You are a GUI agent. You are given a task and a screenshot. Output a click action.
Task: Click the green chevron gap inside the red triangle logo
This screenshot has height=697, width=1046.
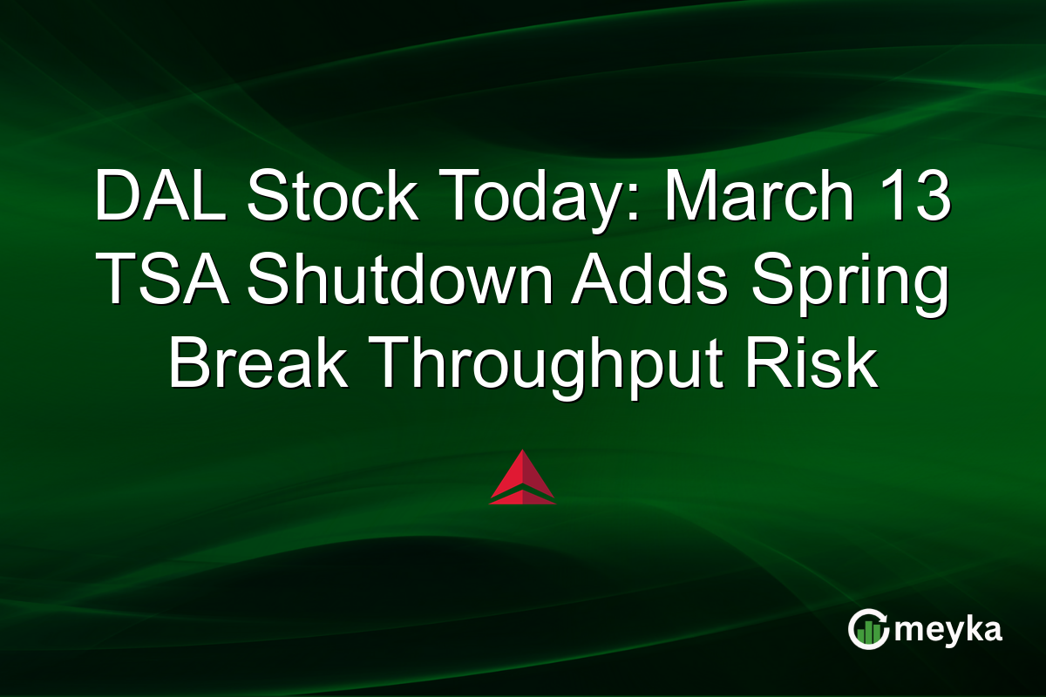point(522,493)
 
